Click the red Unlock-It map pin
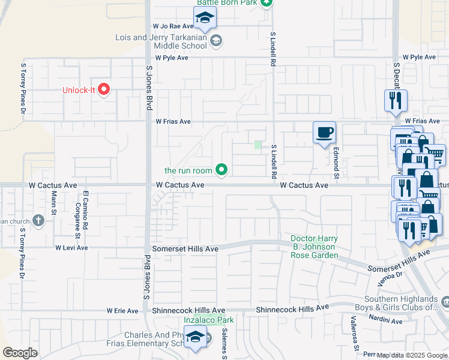point(104,90)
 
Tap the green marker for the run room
point(221,171)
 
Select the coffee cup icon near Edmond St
point(325,132)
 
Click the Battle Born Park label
point(228,3)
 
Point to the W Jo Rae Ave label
point(173,26)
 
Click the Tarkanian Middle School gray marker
point(216,41)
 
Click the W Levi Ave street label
point(71,248)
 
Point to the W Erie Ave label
point(122,311)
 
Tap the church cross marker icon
point(39,220)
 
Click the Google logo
point(20,352)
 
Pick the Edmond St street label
point(337,163)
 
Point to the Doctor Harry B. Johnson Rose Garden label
point(314,247)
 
